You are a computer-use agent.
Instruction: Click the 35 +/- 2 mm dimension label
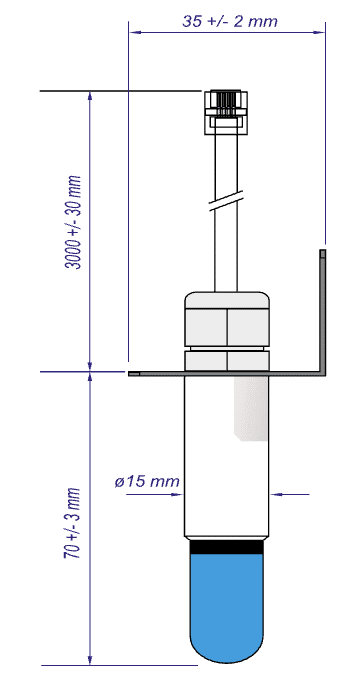tap(229, 21)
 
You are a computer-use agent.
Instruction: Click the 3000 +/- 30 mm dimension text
tap(74, 222)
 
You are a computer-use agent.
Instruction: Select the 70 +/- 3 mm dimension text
tap(73, 524)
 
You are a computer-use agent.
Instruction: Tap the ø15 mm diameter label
tap(147, 481)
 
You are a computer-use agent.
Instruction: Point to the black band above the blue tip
tap(227, 547)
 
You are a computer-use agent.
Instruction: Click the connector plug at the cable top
tap(226, 112)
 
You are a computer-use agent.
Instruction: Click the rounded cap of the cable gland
tap(227, 300)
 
